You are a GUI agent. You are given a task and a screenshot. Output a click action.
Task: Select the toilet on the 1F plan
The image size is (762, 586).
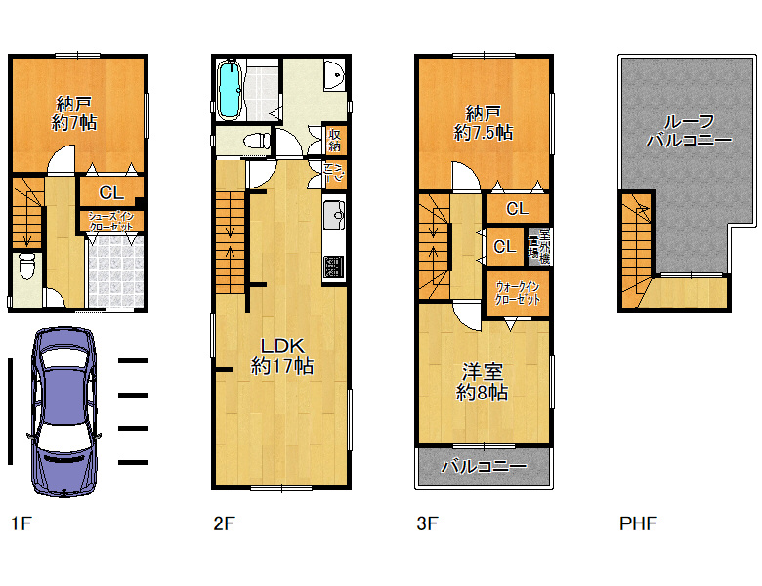click(27, 266)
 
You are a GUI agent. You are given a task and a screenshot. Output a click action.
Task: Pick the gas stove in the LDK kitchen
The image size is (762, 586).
click(334, 266)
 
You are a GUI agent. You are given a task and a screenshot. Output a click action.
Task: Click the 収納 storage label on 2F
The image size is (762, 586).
click(335, 141)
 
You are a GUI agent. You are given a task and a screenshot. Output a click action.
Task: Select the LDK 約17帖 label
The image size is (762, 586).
click(282, 356)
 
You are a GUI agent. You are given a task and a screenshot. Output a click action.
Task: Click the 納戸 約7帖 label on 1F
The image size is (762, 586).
click(75, 113)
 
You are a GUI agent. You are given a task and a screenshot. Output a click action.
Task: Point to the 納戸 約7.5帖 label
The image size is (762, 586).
click(484, 121)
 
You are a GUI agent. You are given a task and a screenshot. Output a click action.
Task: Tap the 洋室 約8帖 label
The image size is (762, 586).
click(483, 382)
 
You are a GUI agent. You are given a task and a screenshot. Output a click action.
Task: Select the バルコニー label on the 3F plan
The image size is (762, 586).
click(484, 467)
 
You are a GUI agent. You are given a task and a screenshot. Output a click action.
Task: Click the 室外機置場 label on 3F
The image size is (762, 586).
click(535, 244)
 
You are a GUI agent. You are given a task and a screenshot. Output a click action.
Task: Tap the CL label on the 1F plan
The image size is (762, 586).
click(110, 191)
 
